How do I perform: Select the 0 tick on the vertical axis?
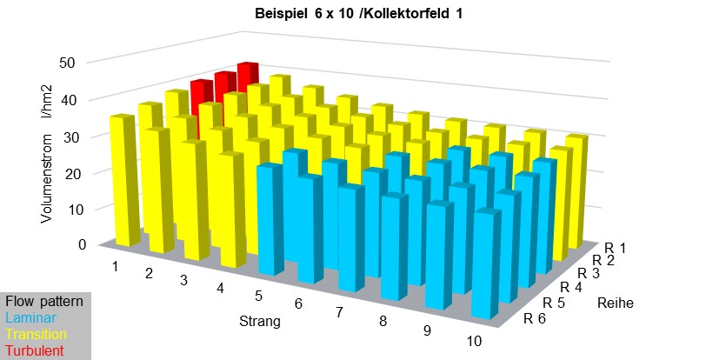[81, 244]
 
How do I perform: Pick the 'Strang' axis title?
[260, 322]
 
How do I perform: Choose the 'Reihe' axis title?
[614, 303]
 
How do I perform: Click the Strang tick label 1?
[115, 264]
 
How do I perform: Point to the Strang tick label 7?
[339, 310]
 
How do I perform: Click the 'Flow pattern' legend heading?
[43, 302]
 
